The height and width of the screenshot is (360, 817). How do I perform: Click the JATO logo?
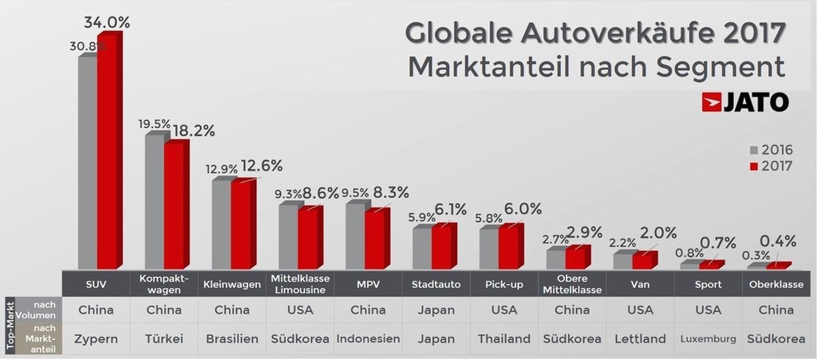745,101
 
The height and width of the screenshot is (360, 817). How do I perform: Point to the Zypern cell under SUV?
97,338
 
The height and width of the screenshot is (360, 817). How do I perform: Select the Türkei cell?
164,338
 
